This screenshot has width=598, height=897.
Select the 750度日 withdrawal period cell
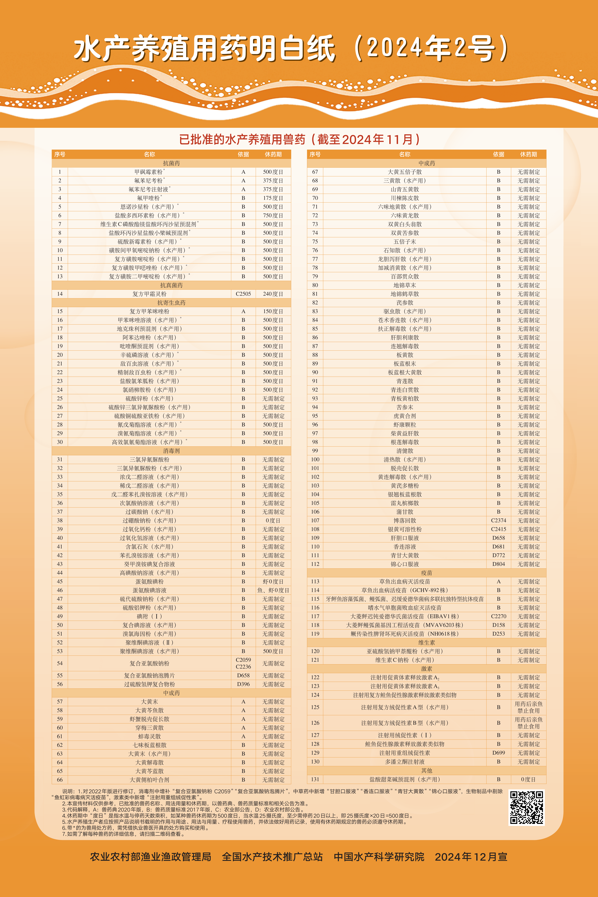tap(273, 216)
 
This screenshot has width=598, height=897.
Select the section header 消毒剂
tap(171, 451)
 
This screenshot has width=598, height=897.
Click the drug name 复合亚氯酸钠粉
tap(149, 663)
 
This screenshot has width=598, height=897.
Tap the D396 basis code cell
tap(243, 684)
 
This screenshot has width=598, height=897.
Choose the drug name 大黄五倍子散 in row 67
tap(405, 172)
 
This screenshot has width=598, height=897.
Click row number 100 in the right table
tap(315, 460)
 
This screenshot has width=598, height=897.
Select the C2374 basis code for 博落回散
tap(499, 521)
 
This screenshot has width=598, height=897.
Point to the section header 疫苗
tap(426, 573)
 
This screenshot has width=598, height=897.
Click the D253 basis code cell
tap(499, 634)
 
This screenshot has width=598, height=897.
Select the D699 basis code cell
tap(499, 753)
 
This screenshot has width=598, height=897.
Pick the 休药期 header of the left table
tap(273, 154)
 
